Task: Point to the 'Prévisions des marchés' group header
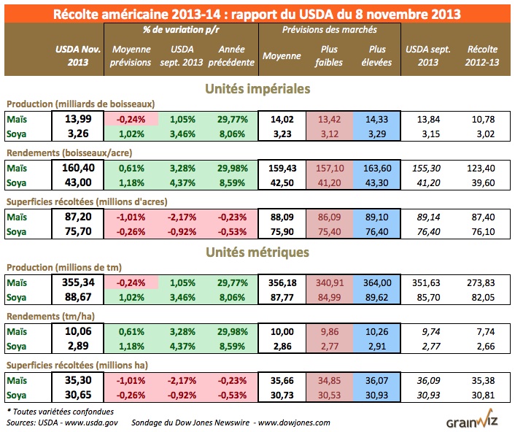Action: coord(329,31)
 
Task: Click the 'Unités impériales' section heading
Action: coord(257,88)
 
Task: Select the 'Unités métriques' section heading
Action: coord(257,252)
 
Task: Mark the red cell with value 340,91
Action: coord(329,282)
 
